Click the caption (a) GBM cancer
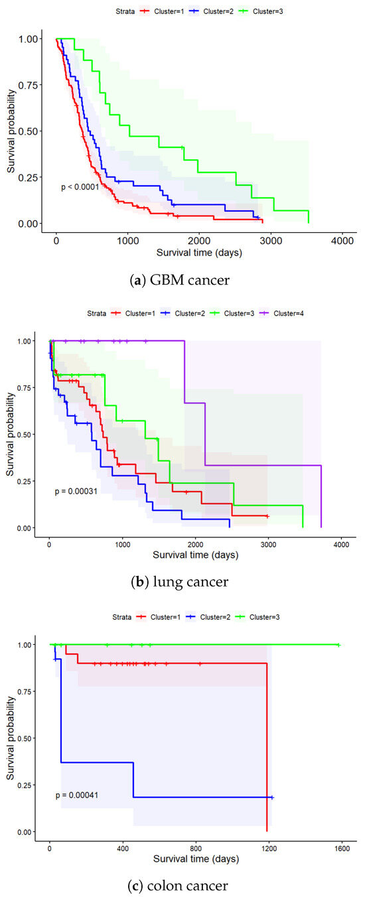(x=182, y=281)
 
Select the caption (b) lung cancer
(x=182, y=582)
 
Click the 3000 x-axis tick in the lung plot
(x=267, y=544)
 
